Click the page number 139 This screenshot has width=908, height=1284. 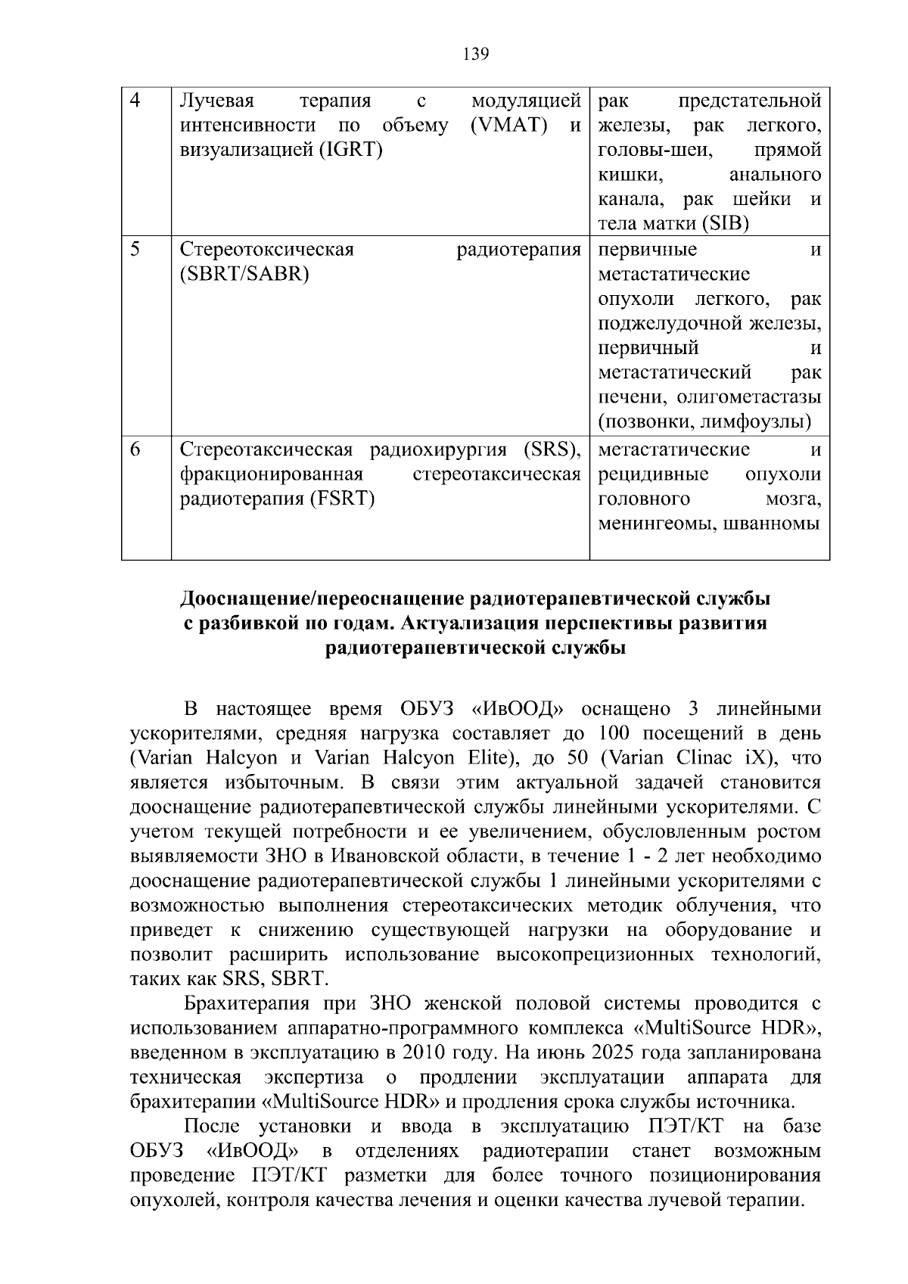click(x=475, y=54)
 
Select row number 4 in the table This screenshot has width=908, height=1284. click(x=135, y=101)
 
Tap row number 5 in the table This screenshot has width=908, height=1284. click(x=135, y=249)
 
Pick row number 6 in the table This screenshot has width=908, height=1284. click(x=135, y=449)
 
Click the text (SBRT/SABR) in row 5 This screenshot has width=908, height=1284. click(x=244, y=274)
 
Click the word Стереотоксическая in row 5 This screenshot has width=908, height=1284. click(x=267, y=249)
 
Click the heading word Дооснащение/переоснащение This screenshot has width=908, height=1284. click(x=322, y=599)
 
